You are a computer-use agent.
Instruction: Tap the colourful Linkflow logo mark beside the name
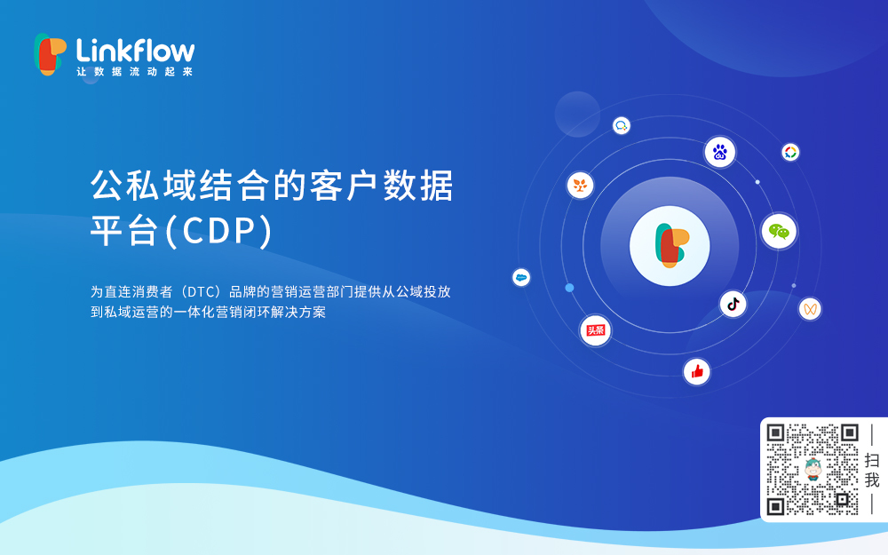(50, 53)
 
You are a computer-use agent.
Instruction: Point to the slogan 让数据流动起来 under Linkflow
(134, 72)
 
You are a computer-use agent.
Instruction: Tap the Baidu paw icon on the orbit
(720, 152)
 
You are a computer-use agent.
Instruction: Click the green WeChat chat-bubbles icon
(779, 231)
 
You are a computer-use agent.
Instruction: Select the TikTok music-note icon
(733, 304)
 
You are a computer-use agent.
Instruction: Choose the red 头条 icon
(595, 330)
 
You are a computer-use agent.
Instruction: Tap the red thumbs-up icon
(697, 371)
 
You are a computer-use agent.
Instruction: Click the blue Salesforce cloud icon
(521, 277)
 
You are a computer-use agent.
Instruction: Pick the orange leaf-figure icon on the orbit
(580, 185)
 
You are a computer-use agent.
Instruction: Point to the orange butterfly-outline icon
(809, 308)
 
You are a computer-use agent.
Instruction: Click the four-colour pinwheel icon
(790, 152)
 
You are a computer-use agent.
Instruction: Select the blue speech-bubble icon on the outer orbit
(622, 126)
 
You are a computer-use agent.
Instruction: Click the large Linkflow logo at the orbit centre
(670, 245)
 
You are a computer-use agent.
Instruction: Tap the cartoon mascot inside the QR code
(813, 469)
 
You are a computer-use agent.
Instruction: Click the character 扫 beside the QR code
(872, 460)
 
